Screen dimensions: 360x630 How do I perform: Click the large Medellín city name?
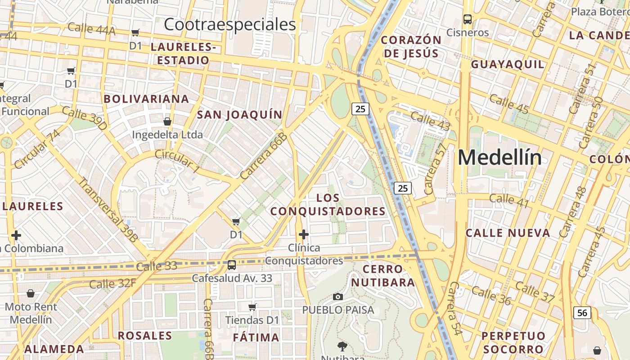click(499, 157)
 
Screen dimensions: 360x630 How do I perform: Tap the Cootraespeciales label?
click(229, 24)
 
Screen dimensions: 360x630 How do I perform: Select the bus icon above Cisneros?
click(468, 19)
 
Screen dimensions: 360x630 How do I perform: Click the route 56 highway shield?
click(582, 312)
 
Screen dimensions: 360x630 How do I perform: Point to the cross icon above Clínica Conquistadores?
click(304, 234)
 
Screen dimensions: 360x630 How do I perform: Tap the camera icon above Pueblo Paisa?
click(338, 297)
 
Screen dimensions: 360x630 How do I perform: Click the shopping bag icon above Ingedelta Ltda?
click(167, 121)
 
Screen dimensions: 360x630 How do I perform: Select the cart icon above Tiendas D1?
click(252, 307)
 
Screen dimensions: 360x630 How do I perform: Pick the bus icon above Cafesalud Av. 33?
click(232, 265)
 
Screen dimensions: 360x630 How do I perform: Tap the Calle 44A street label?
click(91, 29)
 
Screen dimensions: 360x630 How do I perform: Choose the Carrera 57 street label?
click(435, 169)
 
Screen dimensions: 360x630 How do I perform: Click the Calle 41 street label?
click(509, 201)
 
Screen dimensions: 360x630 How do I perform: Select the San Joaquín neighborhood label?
click(239, 115)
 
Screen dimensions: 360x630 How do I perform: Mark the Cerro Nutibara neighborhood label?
click(383, 276)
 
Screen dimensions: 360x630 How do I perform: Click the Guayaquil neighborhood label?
click(508, 64)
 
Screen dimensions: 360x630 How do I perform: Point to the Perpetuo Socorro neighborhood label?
click(513, 342)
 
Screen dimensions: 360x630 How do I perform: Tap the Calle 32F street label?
click(112, 284)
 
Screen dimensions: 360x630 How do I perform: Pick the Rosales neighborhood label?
click(145, 336)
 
